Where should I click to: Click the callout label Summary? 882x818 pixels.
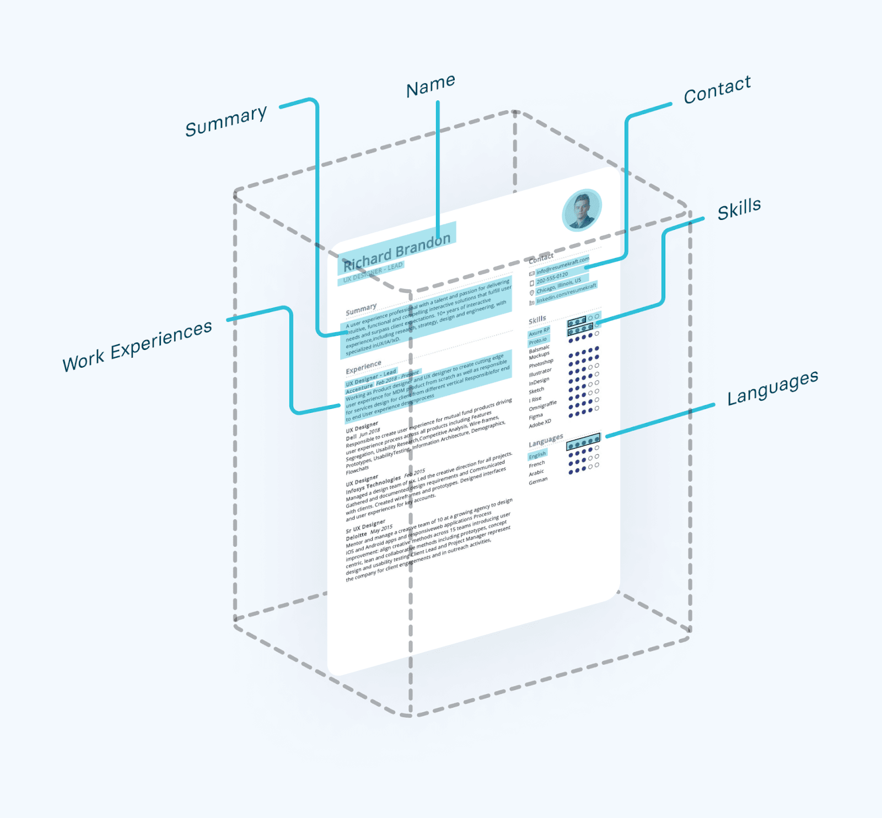[x=226, y=121]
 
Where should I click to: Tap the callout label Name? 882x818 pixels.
[x=431, y=86]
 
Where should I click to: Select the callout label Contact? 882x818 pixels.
[x=717, y=90]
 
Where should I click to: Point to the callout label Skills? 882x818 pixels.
[x=739, y=209]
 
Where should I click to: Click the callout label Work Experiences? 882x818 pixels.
[x=137, y=346]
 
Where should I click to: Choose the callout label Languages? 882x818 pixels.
[x=772, y=388]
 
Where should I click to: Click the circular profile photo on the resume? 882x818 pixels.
[x=582, y=210]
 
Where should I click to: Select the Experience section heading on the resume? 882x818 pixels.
[x=363, y=367]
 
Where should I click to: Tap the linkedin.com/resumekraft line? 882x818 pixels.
[x=566, y=293]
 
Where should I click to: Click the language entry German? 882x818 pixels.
[x=538, y=481]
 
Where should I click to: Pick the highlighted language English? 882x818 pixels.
[x=537, y=455]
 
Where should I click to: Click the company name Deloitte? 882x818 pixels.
[x=356, y=536]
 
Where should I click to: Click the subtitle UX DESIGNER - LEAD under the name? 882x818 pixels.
[x=373, y=272]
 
